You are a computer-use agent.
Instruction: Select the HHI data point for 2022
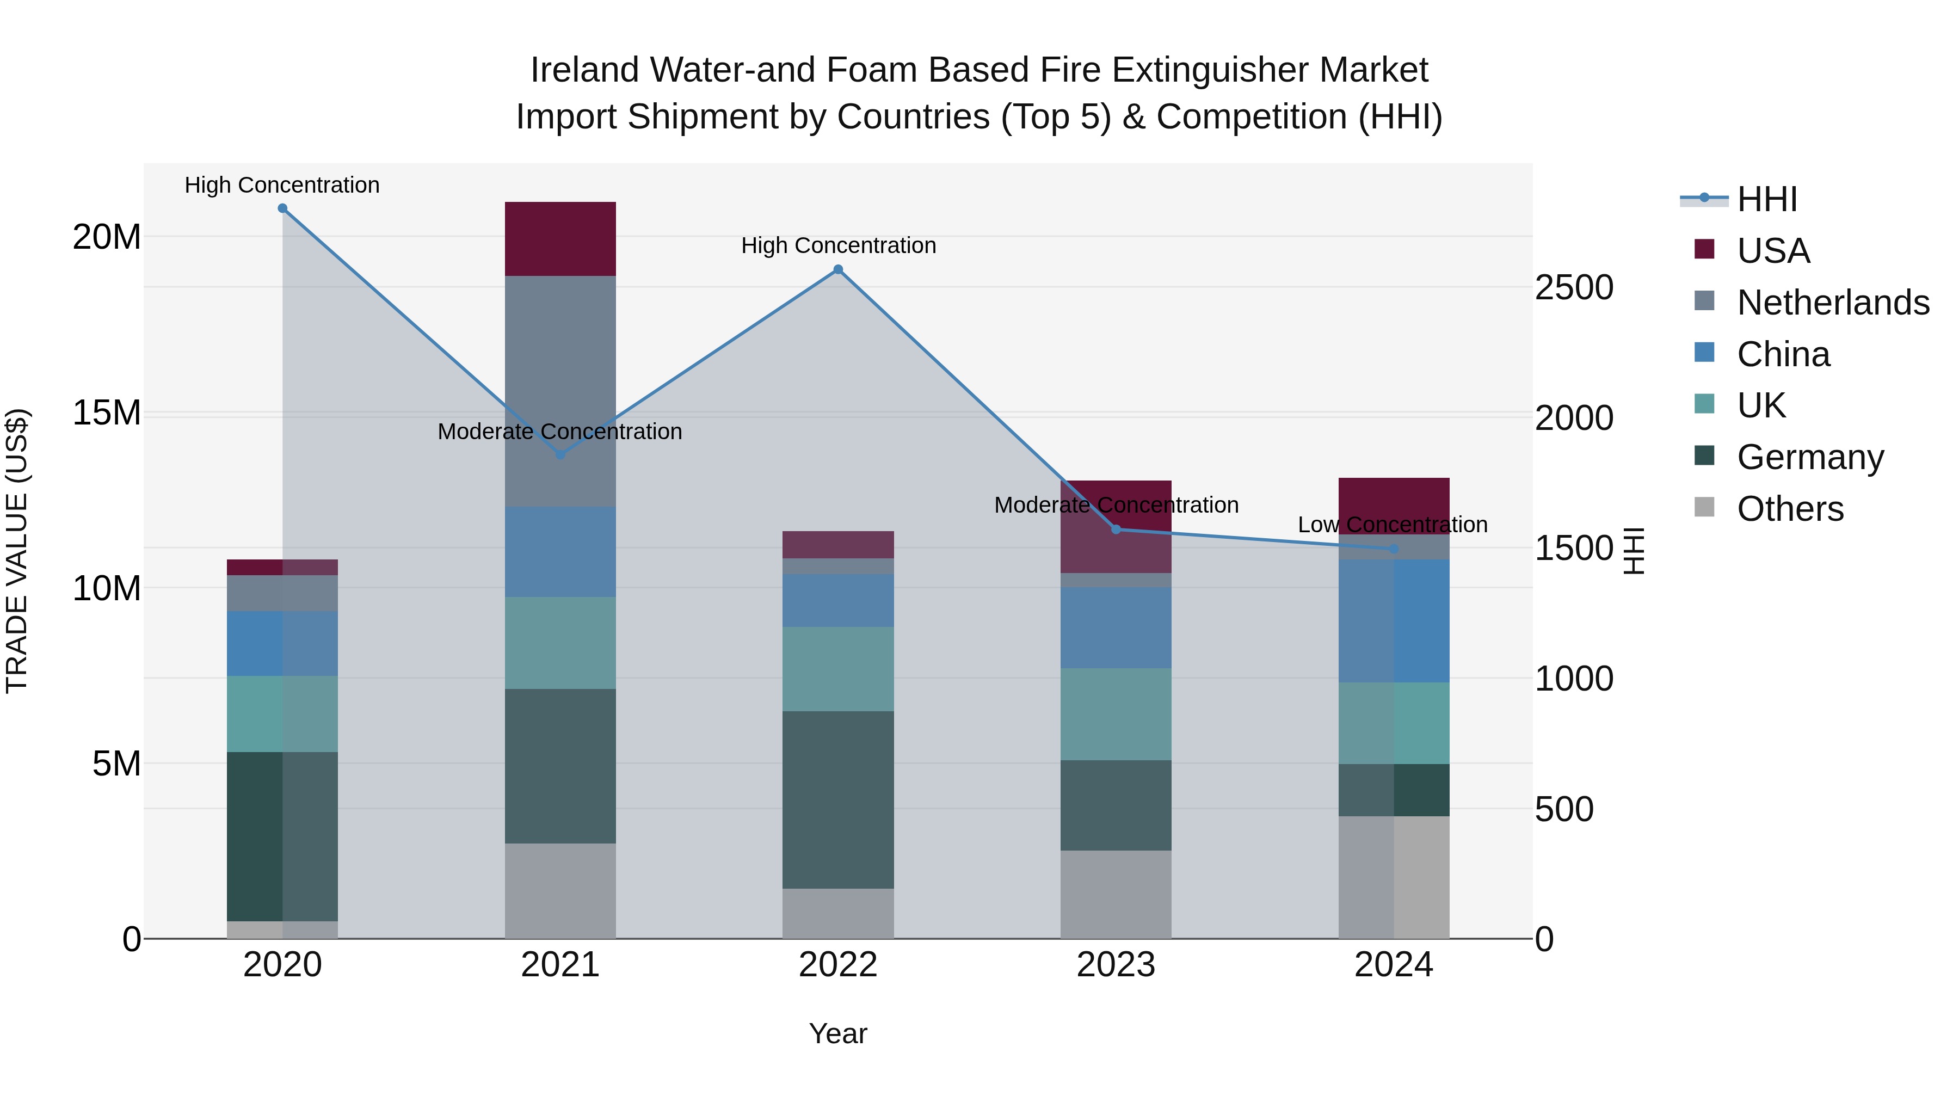[838, 269]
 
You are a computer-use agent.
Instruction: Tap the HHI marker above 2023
[1116, 530]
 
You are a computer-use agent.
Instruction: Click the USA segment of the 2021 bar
[560, 239]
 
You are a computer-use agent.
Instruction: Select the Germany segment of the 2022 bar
[838, 799]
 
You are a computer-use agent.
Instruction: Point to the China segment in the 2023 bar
[1116, 627]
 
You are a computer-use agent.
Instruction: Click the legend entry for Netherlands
[1833, 303]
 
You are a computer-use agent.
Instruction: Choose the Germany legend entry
[1810, 457]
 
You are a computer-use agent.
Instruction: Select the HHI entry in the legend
[1766, 199]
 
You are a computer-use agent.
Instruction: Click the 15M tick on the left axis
[107, 413]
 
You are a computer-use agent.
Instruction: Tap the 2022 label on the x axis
[838, 965]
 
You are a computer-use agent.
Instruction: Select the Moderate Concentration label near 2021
[560, 431]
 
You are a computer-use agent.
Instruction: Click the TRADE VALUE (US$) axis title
[17, 551]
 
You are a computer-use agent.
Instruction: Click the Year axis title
[838, 1033]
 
